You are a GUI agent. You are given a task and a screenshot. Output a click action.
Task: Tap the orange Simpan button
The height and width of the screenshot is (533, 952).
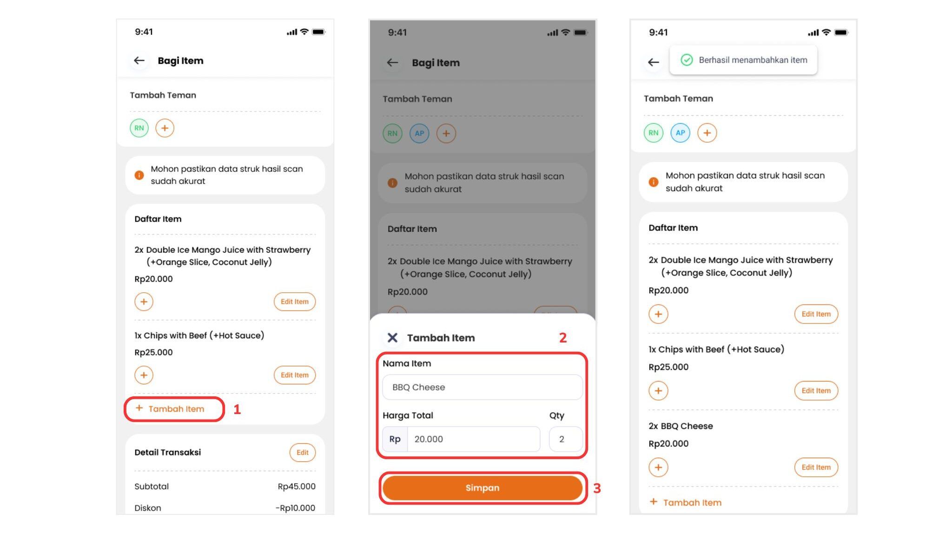483,487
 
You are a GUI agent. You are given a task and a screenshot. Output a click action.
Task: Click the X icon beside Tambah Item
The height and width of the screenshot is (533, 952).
392,338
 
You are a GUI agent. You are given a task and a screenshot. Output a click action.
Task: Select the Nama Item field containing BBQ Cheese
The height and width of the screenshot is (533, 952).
483,387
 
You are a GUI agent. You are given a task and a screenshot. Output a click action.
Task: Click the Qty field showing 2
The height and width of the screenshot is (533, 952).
566,439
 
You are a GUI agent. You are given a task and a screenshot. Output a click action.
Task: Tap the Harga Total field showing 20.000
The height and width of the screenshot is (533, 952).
474,439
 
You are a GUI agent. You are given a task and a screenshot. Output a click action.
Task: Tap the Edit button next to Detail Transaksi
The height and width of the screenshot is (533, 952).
303,453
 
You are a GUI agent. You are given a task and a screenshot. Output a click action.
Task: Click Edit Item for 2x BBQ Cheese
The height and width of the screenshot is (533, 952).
816,467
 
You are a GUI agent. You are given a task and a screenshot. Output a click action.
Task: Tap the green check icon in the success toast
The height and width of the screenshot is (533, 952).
687,60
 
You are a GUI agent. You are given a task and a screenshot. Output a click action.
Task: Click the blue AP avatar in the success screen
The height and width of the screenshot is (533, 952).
680,133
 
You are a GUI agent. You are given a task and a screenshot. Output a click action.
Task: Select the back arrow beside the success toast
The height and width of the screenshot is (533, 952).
654,62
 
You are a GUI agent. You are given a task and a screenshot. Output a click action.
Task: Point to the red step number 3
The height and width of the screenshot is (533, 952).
597,488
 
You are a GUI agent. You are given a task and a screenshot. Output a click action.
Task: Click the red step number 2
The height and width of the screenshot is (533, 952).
563,338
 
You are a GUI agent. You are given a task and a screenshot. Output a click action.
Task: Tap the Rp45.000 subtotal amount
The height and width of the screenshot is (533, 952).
297,487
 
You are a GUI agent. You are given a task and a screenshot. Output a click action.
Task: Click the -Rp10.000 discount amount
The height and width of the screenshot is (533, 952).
295,508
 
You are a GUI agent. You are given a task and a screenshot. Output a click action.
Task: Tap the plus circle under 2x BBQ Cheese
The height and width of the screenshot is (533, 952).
658,467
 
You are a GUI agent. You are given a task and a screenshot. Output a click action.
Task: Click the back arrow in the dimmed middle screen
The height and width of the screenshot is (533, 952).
393,63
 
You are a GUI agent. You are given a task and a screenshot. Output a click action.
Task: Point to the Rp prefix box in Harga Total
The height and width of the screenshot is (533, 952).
395,439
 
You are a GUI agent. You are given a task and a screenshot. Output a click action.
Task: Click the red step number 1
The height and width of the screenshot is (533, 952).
237,409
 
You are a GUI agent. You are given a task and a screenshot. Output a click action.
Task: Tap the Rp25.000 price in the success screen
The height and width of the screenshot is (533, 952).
668,367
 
